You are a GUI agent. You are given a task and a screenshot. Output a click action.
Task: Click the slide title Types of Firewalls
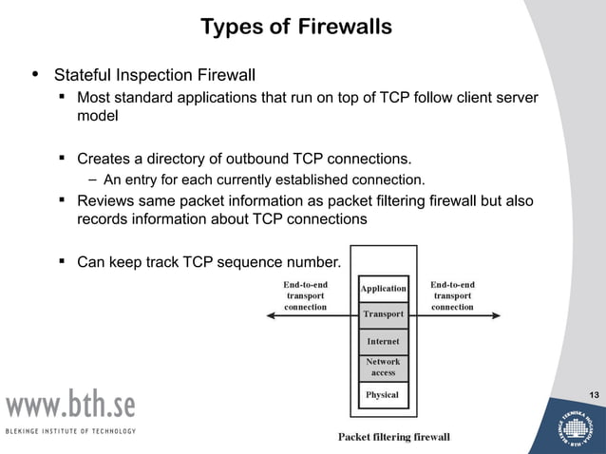point(296,27)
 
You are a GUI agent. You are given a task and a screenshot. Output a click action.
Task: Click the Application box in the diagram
point(383,288)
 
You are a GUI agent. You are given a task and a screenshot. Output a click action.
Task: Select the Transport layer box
point(383,313)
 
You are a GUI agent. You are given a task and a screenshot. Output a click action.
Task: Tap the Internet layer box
point(383,341)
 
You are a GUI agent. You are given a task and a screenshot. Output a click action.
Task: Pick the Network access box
point(383,367)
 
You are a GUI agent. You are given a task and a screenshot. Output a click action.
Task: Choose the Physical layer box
point(383,394)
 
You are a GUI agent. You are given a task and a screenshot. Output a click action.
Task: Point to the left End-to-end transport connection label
point(306,295)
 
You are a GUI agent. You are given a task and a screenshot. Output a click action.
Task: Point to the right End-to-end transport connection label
point(452,295)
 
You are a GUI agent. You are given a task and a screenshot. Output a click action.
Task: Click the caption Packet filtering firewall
point(394,437)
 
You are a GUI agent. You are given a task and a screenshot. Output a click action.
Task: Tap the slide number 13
point(594,395)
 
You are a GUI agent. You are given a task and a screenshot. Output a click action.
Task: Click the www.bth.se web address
point(72,406)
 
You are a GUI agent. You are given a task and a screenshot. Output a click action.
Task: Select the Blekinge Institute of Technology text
point(70,431)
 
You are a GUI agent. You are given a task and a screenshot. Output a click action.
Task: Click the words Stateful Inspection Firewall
point(155,74)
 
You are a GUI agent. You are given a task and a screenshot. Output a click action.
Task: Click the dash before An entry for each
point(93,179)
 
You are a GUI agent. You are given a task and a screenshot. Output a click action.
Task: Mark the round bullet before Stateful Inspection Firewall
point(36,73)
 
